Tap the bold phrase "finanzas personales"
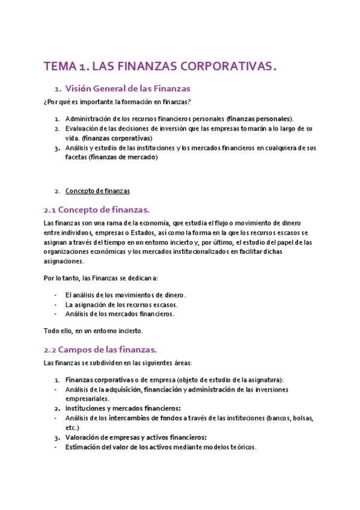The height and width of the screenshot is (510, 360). pos(259,118)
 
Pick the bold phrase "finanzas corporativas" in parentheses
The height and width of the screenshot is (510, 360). pos(118,138)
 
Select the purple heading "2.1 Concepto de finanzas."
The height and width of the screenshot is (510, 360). pos(96,209)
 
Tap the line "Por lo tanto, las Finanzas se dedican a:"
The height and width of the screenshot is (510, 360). pos(100,278)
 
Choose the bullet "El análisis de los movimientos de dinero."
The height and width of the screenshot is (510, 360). pos(125,295)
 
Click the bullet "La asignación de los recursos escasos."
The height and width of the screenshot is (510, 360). pos(121,304)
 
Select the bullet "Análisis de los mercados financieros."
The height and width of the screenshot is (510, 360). pos(120,314)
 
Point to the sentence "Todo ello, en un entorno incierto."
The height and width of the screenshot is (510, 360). pos(93,330)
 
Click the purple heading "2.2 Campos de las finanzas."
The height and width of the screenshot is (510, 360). pos(100,349)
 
